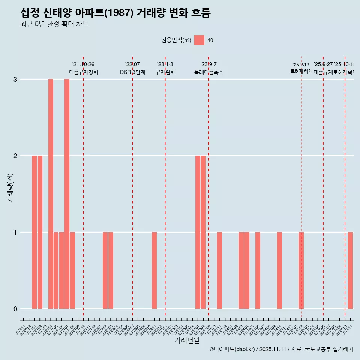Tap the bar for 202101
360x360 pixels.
coord(34,232)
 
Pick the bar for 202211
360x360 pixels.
coord(154,270)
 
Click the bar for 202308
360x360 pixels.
coord(203,232)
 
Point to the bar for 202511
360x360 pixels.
coord(350,270)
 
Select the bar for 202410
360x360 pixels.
coord(279,270)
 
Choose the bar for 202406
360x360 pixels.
coord(258,270)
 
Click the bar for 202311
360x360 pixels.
coord(219,270)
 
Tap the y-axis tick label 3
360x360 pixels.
coord(15,79)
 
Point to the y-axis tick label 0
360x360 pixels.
coord(15,309)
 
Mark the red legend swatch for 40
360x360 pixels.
coord(199,40)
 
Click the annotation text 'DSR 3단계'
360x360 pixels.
coord(132,72)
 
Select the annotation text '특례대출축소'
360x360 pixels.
coord(209,72)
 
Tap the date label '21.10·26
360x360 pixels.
coord(83,64)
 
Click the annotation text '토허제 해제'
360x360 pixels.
coord(301,71)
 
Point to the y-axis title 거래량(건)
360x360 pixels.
coord(10,187)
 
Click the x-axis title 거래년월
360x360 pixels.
coord(187,340)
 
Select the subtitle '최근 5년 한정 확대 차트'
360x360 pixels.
coord(55,24)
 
